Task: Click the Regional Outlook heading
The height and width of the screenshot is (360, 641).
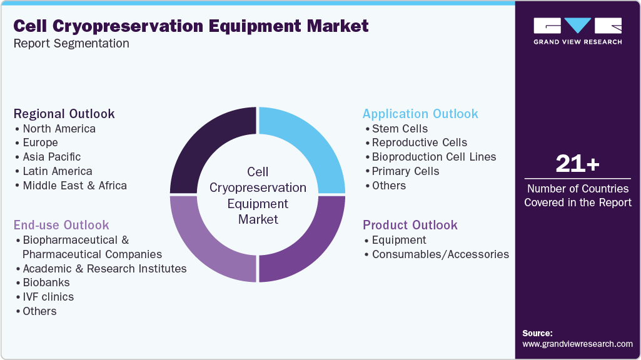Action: (64, 114)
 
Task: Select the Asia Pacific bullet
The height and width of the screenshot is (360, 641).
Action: (51, 157)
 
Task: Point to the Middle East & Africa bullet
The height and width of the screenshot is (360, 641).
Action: (74, 186)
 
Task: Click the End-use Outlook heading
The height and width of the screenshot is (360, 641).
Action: (61, 225)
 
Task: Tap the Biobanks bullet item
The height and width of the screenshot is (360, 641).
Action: (46, 282)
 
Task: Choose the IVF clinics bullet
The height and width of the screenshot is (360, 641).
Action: (48, 297)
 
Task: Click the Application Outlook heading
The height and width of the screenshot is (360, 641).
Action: (420, 114)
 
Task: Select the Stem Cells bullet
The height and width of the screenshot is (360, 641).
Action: (400, 129)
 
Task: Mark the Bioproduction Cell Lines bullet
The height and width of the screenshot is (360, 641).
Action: (433, 157)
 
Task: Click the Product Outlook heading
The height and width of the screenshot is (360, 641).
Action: (410, 225)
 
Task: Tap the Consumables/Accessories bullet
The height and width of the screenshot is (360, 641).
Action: (440, 254)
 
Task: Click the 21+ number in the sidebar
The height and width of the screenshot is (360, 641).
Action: (577, 164)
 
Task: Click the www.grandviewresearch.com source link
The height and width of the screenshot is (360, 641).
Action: (577, 344)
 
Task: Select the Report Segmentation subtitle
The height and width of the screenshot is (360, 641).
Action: (71, 44)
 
